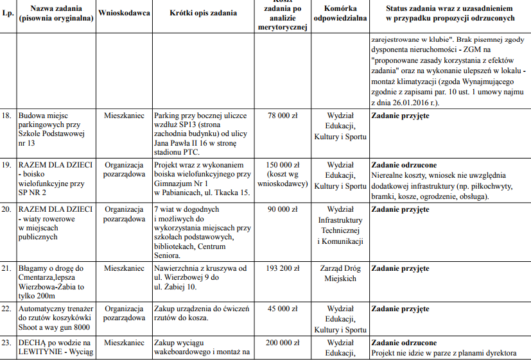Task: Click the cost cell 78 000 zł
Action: [x=283, y=116]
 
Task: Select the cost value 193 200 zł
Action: [x=283, y=268]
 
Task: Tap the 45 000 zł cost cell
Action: [x=283, y=309]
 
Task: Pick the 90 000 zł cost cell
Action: [x=283, y=210]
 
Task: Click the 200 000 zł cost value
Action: [x=283, y=343]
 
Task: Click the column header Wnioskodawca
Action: [x=124, y=13]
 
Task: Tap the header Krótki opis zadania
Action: [x=204, y=13]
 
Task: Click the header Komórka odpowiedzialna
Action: [x=340, y=13]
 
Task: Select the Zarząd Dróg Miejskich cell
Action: [x=340, y=273]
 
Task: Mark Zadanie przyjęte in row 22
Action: [x=400, y=309]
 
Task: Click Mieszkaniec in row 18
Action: [x=124, y=116]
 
